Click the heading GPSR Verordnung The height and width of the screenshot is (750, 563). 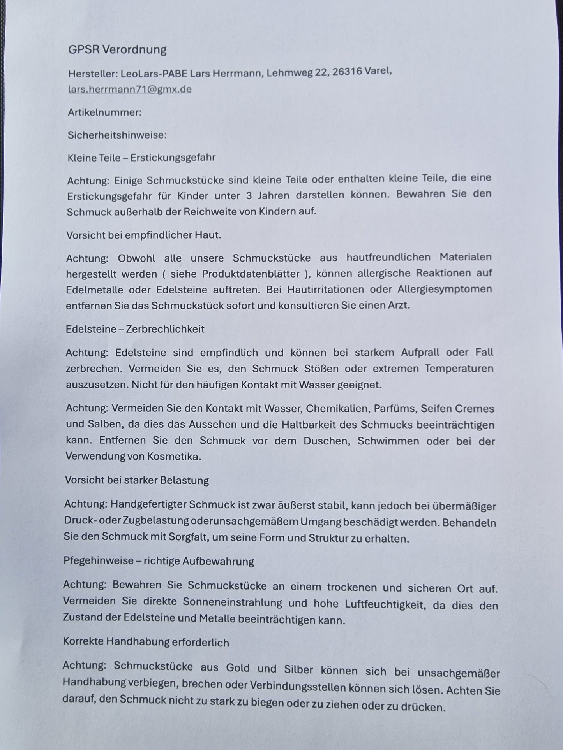click(x=117, y=50)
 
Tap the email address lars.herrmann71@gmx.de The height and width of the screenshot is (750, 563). click(x=130, y=89)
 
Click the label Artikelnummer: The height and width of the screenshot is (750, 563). click(x=104, y=112)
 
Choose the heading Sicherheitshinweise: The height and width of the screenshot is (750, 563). click(x=117, y=135)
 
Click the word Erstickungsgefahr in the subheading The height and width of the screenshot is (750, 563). click(x=173, y=158)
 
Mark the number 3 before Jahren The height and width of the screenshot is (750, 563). click(x=249, y=195)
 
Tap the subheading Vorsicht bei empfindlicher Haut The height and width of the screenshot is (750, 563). click(x=143, y=235)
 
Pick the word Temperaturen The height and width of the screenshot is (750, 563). click(x=459, y=368)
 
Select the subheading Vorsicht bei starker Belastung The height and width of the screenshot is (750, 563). click(x=137, y=480)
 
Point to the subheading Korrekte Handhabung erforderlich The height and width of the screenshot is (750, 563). click(x=146, y=642)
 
